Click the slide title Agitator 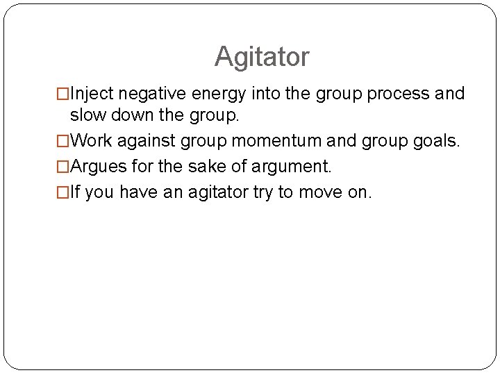tap(262, 56)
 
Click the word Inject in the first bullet tap(90, 94)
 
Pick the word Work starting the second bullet tap(92, 141)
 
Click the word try tap(262, 192)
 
